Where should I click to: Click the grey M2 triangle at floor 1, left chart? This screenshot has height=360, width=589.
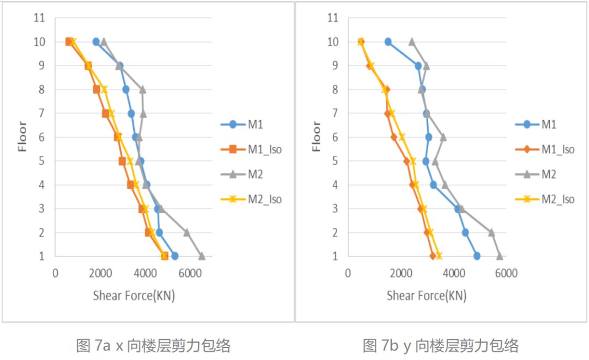[202, 256]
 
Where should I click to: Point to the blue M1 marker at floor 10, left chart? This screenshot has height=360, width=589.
[96, 41]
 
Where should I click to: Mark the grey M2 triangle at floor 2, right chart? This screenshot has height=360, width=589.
[491, 232]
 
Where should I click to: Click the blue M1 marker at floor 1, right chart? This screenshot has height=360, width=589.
[477, 256]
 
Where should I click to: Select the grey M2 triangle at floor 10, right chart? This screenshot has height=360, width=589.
[412, 41]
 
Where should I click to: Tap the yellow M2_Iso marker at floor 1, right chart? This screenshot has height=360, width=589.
[438, 256]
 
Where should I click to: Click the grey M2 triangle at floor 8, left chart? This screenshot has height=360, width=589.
[143, 89]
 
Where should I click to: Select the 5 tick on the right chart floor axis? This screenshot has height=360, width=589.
[334, 161]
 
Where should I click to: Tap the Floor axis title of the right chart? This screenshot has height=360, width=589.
[316, 136]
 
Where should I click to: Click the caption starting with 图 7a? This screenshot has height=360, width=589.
[153, 345]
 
